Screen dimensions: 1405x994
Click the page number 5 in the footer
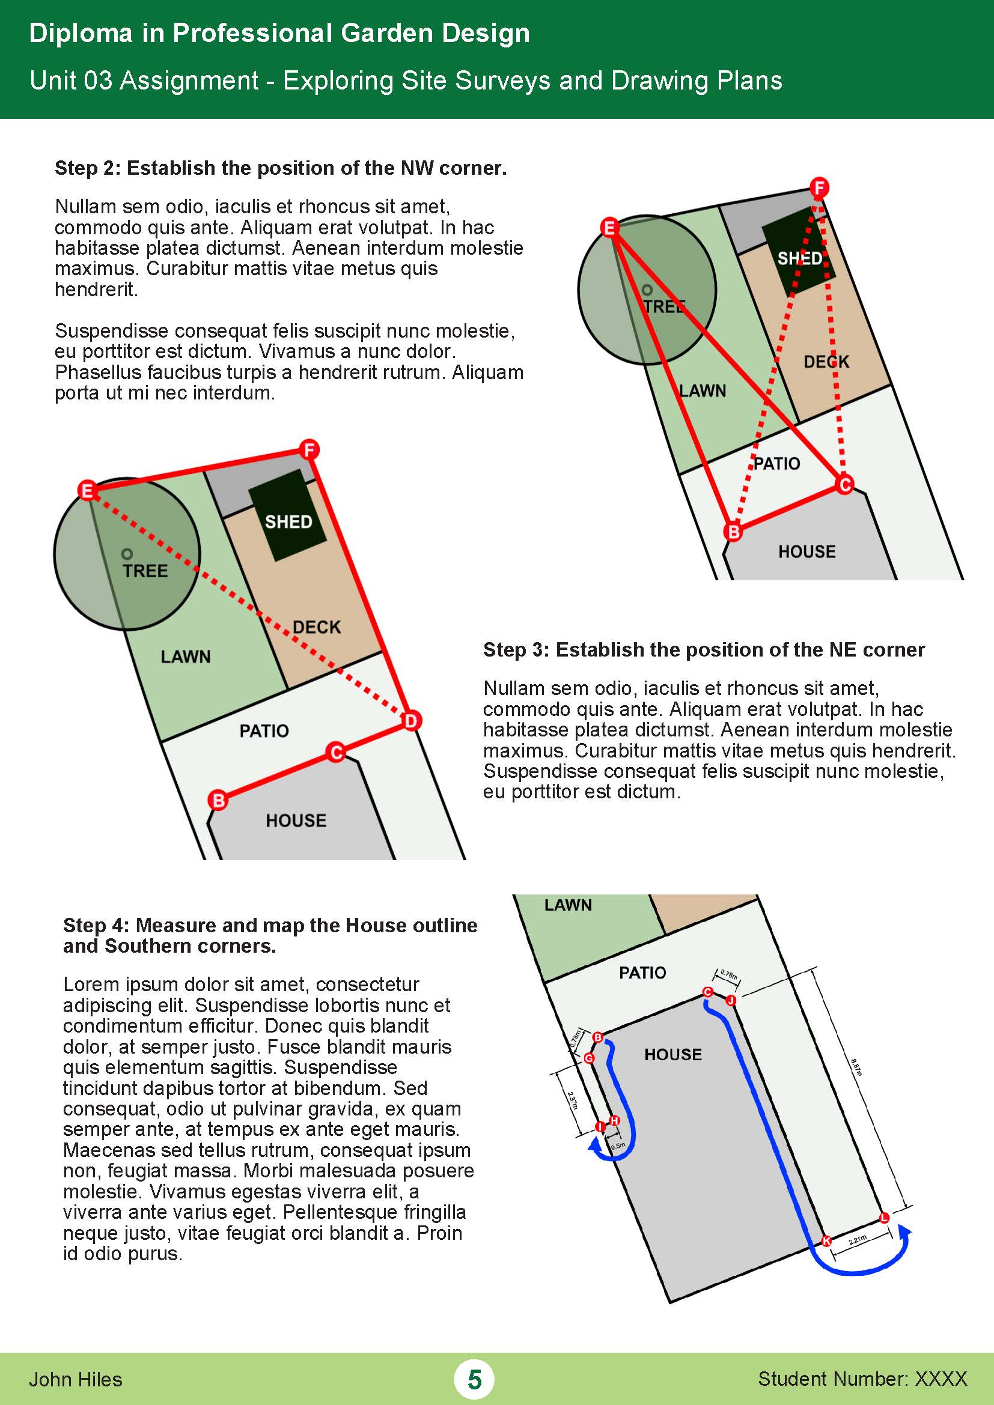click(474, 1379)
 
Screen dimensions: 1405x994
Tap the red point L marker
click(884, 1218)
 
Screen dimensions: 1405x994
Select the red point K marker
click(826, 1241)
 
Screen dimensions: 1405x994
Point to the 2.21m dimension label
click(858, 1240)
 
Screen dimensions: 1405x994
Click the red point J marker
click(731, 1001)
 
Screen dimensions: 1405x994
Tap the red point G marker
click(589, 1058)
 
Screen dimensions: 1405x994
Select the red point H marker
click(615, 1120)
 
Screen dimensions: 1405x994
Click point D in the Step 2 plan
click(410, 721)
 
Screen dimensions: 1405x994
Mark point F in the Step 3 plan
click(819, 187)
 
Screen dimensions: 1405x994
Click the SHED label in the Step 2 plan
click(288, 522)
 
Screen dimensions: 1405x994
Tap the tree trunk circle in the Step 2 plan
click(127, 554)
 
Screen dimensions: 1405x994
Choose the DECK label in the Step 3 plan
click(826, 362)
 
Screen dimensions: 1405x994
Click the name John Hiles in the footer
click(75, 1379)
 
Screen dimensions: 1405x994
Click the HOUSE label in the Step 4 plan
click(672, 1054)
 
